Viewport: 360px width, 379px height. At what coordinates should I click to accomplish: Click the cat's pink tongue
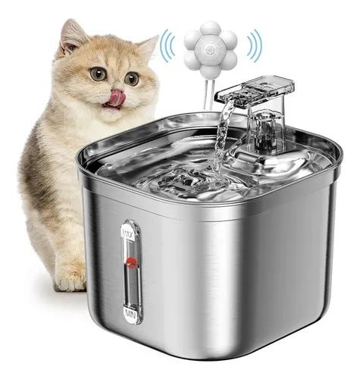click(x=116, y=97)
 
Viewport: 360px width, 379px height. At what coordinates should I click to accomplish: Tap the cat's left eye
click(x=99, y=74)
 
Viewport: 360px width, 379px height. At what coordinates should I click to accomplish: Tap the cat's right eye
click(x=132, y=78)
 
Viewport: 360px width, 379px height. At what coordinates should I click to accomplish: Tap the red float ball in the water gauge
click(x=131, y=263)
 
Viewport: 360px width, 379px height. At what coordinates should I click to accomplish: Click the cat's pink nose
click(x=115, y=88)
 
